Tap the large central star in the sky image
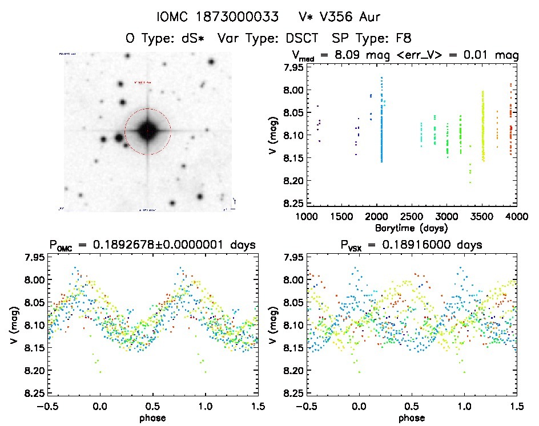pyautogui.click(x=147, y=131)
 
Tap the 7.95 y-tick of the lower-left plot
pyautogui.click(x=32, y=257)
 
